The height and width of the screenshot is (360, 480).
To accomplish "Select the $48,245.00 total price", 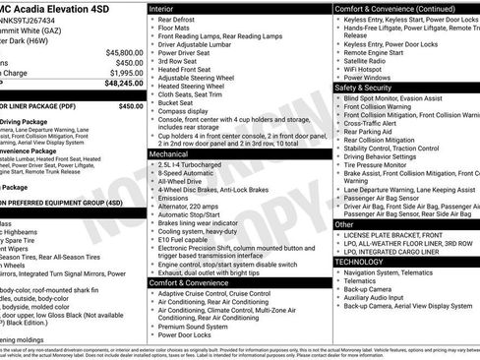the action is coord(120,84).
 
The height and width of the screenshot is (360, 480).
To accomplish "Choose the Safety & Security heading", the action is coord(370,88).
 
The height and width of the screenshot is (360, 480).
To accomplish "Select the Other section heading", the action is coord(344,224).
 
